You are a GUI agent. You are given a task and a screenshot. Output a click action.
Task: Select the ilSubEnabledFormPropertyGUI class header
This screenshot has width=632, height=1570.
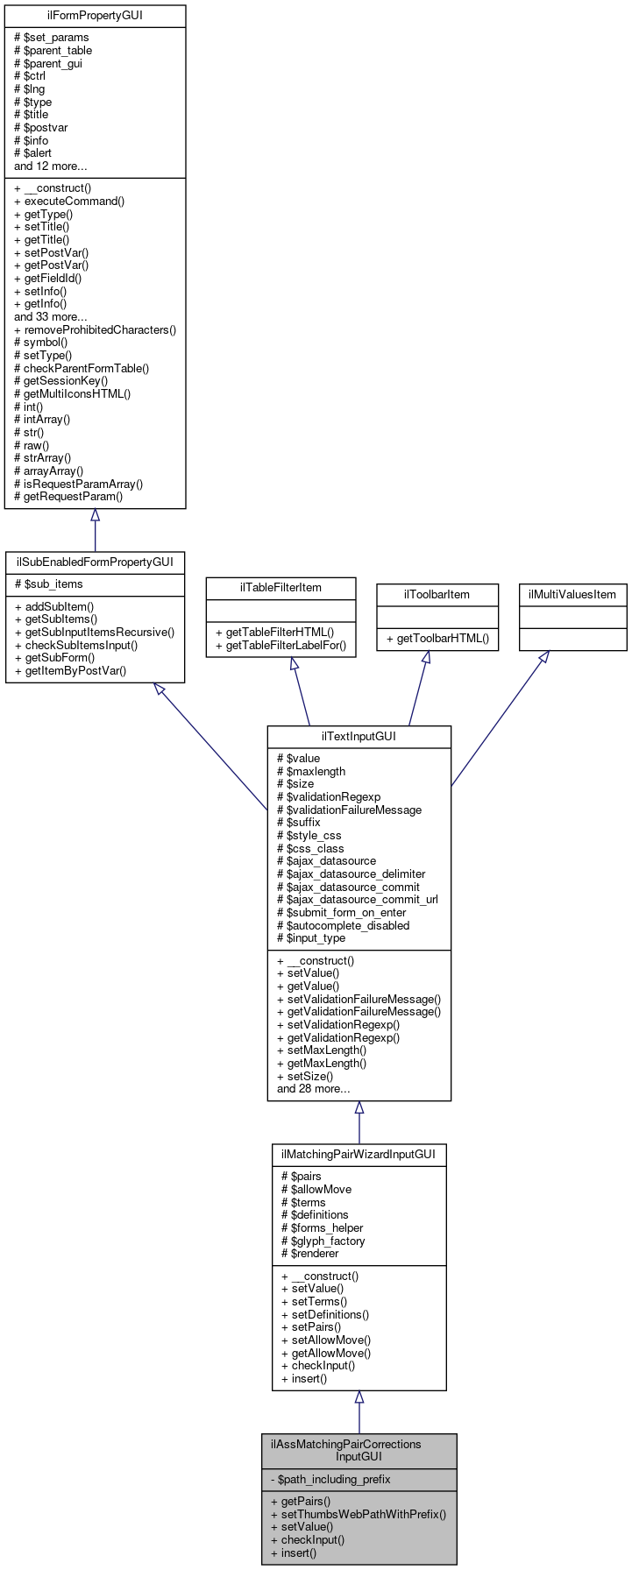(95, 562)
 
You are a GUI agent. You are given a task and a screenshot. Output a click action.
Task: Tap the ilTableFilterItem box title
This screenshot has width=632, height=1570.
(280, 587)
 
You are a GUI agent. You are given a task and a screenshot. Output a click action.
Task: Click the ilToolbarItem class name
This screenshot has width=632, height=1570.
(437, 594)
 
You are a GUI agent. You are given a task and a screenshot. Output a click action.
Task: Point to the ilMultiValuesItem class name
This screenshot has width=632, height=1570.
(572, 594)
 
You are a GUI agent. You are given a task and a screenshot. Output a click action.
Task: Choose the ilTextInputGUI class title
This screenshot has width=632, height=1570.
(359, 736)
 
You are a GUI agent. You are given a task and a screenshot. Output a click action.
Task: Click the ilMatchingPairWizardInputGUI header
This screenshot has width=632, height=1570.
(359, 1155)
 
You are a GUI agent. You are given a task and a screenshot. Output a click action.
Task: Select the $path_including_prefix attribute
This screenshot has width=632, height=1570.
(334, 1479)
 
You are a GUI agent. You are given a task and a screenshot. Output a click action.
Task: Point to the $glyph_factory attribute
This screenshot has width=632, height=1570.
(323, 1241)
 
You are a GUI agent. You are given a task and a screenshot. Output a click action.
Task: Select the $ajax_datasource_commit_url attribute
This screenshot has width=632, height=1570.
(358, 899)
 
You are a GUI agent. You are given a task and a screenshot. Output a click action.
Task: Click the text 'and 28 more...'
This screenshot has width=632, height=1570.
(313, 1089)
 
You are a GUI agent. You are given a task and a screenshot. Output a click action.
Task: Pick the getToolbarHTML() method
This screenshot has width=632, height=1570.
(437, 638)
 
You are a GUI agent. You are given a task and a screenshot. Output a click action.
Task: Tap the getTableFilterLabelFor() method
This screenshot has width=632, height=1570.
(280, 646)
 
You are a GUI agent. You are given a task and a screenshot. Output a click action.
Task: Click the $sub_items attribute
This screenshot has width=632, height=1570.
(48, 584)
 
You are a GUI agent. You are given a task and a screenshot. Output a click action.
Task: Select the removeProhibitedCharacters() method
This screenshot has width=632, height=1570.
(95, 329)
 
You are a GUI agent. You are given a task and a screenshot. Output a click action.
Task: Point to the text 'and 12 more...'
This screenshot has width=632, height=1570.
(50, 166)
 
